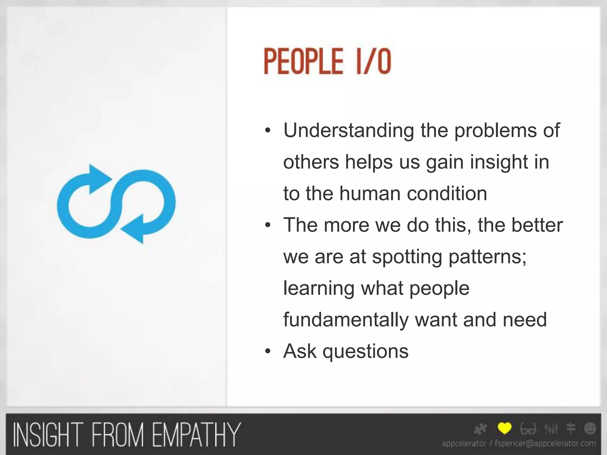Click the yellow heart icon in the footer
tap(504, 428)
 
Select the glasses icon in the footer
tap(528, 429)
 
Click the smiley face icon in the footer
tap(590, 428)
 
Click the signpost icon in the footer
tap(571, 428)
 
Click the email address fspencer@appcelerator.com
tap(545, 443)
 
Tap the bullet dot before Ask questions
tap(268, 352)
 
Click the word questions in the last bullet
tap(365, 352)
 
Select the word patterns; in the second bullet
tap(487, 257)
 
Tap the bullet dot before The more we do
tap(268, 225)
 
